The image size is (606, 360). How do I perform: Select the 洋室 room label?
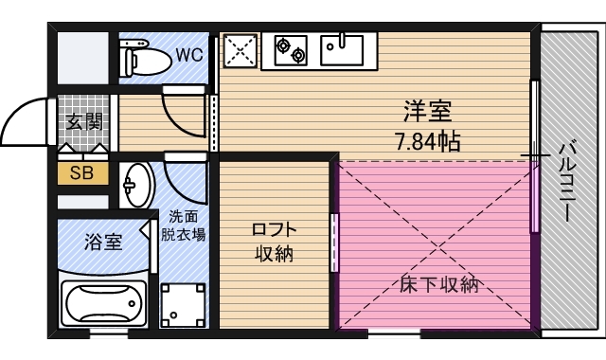426,112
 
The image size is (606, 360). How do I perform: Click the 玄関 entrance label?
83,120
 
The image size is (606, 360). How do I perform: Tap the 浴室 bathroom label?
102,242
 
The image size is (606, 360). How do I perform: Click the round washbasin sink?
137,184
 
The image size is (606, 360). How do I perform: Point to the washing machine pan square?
183,305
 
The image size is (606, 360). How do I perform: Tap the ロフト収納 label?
275,242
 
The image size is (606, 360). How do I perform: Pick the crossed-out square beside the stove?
241,49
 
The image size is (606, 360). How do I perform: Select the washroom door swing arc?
185,176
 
